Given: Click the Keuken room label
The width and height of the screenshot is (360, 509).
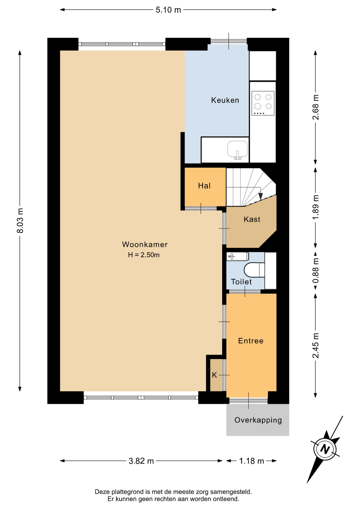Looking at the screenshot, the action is pos(225,100).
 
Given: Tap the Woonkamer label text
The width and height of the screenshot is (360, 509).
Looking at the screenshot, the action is pos(145,244).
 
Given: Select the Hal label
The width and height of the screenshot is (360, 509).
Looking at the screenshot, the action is pos(204,186).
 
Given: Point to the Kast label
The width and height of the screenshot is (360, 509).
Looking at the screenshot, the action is pos(252,219).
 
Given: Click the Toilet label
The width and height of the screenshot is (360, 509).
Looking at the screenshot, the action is pos(241,282).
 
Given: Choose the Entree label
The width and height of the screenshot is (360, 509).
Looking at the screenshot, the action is pos(251,341).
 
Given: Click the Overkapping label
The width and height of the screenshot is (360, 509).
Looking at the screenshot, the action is pos(258,420).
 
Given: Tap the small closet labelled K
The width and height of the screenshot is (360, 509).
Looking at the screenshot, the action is pos(214,375).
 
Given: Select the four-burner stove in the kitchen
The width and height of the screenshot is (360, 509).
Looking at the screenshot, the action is pos(263,103).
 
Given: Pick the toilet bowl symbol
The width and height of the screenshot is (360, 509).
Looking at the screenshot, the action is pos(254,270).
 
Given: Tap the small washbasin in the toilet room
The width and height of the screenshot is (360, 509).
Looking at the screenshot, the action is pos(238,256).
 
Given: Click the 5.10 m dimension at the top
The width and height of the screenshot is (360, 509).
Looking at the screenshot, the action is pos(168,10).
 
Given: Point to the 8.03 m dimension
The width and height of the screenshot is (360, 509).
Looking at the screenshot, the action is pos(20,221).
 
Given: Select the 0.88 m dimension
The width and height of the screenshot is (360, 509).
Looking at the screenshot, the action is pos(315,270).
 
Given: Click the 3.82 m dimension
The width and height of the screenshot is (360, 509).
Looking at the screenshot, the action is pos(141,461).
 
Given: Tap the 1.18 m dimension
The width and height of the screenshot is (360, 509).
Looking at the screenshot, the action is pos(252,461).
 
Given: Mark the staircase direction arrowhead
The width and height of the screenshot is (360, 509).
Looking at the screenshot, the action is pos(261,196).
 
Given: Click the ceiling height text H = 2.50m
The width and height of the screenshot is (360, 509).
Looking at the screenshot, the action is pos(144,255).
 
